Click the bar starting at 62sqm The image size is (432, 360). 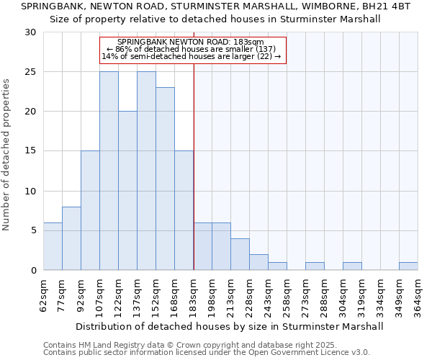coord(53,246)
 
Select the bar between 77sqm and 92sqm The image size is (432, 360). coord(71,238)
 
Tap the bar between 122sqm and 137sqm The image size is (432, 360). coord(127,191)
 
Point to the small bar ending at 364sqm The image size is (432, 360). coord(408,266)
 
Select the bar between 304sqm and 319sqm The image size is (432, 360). coord(352,266)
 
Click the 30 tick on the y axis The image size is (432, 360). coord(30,32)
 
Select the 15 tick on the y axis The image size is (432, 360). coord(30,151)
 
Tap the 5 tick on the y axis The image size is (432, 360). coord(32,230)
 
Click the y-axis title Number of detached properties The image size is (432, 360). coord(6,155)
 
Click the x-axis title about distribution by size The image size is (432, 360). coord(230,326)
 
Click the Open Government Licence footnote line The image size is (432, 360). coord(207,353)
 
